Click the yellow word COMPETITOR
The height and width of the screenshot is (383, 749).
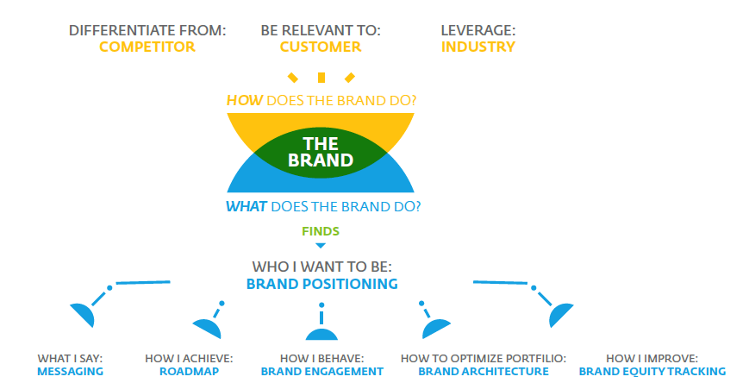point(147,47)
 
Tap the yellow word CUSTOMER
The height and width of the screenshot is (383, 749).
point(321,47)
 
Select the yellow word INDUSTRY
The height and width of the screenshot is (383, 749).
point(478,47)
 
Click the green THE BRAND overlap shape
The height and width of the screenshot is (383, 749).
point(321,153)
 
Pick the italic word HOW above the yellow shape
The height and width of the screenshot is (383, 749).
point(245,100)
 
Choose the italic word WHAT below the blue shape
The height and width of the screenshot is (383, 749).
point(246,206)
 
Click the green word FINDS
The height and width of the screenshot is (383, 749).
point(321,231)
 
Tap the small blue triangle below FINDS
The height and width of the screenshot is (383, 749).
point(321,246)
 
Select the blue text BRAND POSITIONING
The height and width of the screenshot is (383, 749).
point(322,284)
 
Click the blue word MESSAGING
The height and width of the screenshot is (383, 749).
point(70,372)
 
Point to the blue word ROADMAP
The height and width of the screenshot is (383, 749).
point(189,372)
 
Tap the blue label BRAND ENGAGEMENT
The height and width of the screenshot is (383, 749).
point(322,372)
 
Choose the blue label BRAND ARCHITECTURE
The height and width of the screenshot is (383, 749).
point(484,372)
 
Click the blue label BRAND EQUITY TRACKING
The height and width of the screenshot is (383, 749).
point(652,372)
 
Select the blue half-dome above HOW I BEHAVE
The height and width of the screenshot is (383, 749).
point(321,335)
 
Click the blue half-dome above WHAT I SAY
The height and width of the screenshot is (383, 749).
point(84,313)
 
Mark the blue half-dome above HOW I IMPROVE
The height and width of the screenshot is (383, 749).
point(560,314)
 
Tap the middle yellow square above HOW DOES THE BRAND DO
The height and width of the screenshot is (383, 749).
point(321,78)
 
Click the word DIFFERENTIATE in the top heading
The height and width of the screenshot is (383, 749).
point(122,30)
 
